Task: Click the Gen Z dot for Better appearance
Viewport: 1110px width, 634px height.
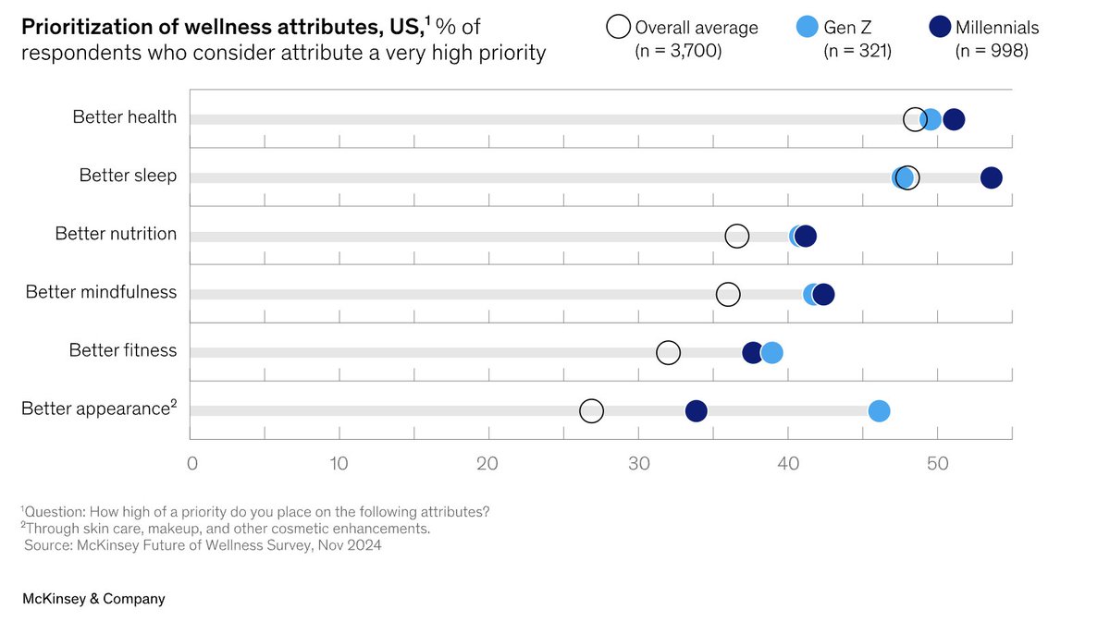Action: pyautogui.click(x=879, y=411)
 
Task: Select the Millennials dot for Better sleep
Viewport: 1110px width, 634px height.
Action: pyautogui.click(x=991, y=177)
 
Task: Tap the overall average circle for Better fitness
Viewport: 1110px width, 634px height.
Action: pyautogui.click(x=668, y=352)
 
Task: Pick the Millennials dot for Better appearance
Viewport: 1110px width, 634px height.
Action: pyautogui.click(x=696, y=411)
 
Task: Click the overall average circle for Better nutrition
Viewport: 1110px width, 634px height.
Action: pyautogui.click(x=736, y=236)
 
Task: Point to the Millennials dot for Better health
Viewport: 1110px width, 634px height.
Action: pyautogui.click(x=954, y=119)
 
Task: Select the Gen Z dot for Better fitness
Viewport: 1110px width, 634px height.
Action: pyautogui.click(x=771, y=352)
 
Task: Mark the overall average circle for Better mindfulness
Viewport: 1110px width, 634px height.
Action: pyautogui.click(x=728, y=294)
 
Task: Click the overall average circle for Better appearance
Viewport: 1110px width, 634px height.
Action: pyautogui.click(x=591, y=411)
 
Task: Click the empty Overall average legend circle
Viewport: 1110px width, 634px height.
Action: pyautogui.click(x=618, y=28)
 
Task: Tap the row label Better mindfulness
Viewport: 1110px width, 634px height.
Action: pyautogui.click(x=101, y=292)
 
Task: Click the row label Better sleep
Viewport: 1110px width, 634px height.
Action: pyautogui.click(x=128, y=176)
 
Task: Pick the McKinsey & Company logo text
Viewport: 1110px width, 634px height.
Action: pyautogui.click(x=93, y=599)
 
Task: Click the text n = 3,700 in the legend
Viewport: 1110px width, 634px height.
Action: pyautogui.click(x=678, y=52)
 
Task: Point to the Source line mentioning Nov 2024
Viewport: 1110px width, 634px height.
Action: pyautogui.click(x=203, y=545)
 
